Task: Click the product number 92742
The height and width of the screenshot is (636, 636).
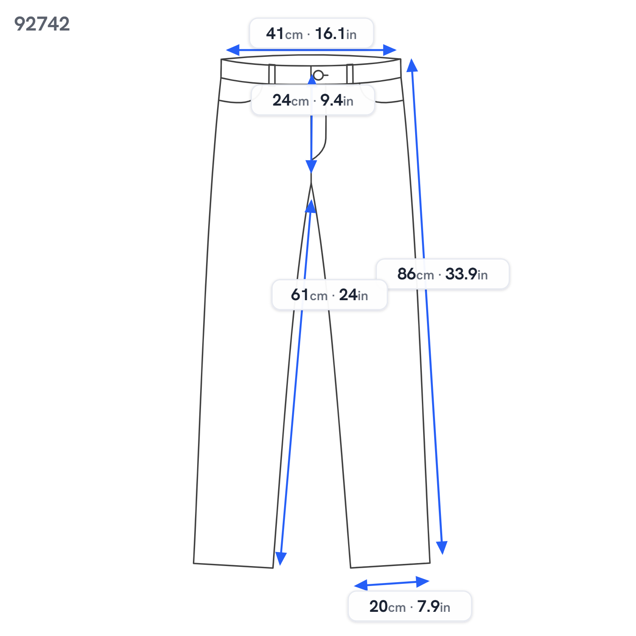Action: (42, 24)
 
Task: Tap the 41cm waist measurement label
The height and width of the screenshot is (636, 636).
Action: (311, 33)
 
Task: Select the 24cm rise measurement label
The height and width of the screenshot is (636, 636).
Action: (313, 100)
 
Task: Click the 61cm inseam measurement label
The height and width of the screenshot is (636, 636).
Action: (329, 295)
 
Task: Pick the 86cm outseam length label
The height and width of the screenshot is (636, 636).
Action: (443, 274)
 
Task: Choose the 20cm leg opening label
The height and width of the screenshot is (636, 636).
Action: (410, 606)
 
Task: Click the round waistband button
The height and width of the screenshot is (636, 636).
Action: (318, 75)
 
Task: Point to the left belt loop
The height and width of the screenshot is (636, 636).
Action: (272, 74)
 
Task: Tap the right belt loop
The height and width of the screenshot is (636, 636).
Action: (350, 74)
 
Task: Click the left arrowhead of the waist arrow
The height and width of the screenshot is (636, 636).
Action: (232, 50)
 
